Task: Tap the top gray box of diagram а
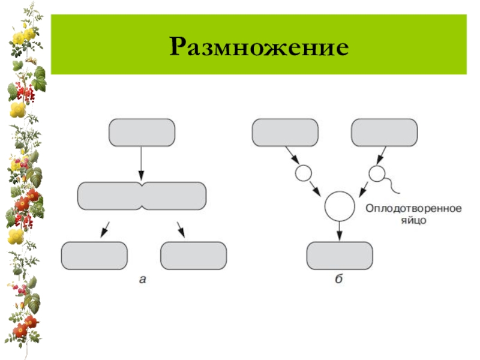(x=142, y=132)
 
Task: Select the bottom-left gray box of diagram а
(x=94, y=256)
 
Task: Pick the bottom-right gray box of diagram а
(x=194, y=256)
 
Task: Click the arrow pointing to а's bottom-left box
(x=104, y=228)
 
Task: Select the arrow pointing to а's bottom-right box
(x=180, y=228)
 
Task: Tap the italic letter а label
(x=142, y=278)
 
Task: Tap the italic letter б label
(x=339, y=278)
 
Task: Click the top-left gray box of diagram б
(x=285, y=132)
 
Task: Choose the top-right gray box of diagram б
(x=384, y=132)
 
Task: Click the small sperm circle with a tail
(x=376, y=174)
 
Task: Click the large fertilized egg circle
(x=340, y=206)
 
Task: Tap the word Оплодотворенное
(x=413, y=209)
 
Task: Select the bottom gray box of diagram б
(x=340, y=256)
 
